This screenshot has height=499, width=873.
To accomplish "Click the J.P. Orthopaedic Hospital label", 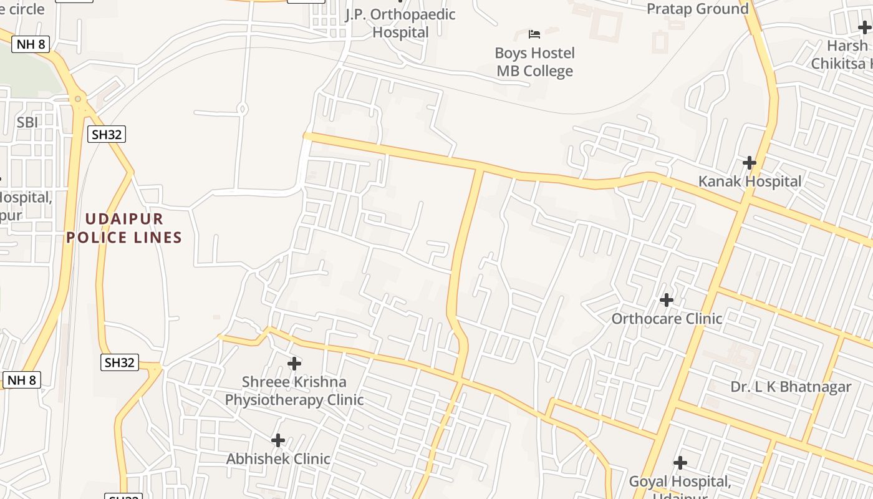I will pyautogui.click(x=400, y=23).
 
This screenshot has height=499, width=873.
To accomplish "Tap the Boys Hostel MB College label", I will pyautogui.click(x=534, y=62).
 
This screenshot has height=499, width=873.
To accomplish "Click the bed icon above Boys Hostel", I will pyautogui.click(x=534, y=33).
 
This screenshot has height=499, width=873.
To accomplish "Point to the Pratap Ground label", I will pyautogui.click(x=697, y=9).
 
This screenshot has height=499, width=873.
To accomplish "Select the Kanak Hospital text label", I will pyautogui.click(x=750, y=182).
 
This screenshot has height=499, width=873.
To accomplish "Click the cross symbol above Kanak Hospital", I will pyautogui.click(x=750, y=163).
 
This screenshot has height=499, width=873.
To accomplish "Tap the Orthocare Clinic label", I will pyautogui.click(x=667, y=319).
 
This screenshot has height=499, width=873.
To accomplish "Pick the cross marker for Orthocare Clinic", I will pyautogui.click(x=667, y=300).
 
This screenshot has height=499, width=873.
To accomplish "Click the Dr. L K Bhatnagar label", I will pyautogui.click(x=791, y=387).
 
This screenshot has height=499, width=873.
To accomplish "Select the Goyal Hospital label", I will pyautogui.click(x=680, y=482).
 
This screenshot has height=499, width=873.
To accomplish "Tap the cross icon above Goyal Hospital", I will pyautogui.click(x=680, y=463).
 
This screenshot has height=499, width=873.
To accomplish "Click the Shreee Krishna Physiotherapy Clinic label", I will pyautogui.click(x=294, y=390).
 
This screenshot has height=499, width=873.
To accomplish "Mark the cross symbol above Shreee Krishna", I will pyautogui.click(x=294, y=363).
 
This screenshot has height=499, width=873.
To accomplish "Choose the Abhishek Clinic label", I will pyautogui.click(x=278, y=459).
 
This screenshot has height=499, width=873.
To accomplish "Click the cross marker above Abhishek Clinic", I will pyautogui.click(x=278, y=440).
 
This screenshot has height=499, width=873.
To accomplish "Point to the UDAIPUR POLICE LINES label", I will pyautogui.click(x=124, y=228).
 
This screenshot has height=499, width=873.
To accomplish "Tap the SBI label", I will pyautogui.click(x=27, y=122).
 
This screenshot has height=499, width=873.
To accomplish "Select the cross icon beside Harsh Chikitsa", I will pyautogui.click(x=864, y=27).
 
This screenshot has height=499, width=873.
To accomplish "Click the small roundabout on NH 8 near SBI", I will pyautogui.click(x=77, y=99).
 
